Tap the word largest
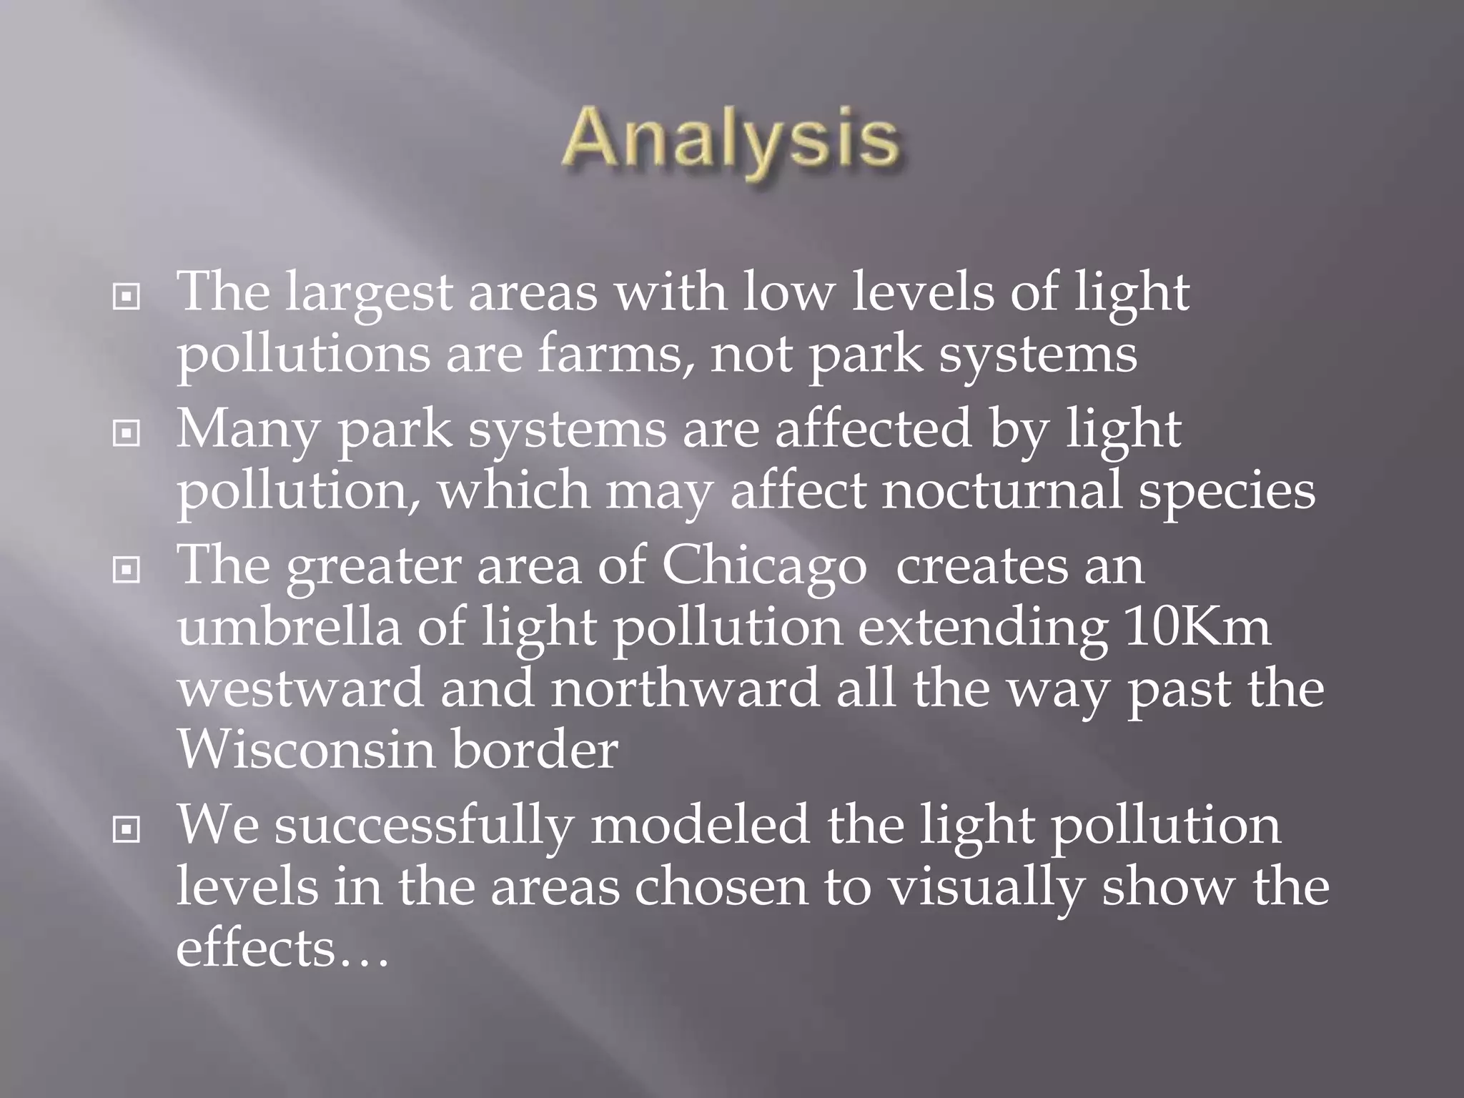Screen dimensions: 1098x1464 (370, 295)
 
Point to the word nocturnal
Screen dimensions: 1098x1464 (1001, 491)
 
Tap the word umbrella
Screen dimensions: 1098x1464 (290, 627)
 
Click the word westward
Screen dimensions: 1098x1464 (301, 688)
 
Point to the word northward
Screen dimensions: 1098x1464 (685, 688)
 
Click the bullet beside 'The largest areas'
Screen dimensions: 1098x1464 (127, 297)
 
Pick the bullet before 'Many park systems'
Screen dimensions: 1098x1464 (127, 432)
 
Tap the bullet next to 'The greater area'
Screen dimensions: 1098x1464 (127, 569)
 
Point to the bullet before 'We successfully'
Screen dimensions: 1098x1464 (127, 829)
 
